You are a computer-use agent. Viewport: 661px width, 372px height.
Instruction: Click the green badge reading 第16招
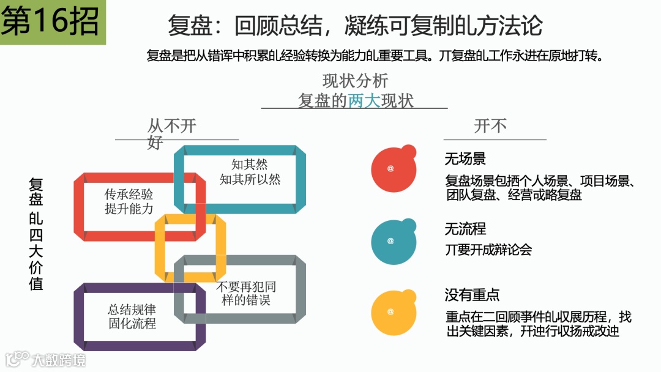click(x=53, y=23)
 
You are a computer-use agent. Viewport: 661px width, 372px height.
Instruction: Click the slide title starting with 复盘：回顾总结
click(x=355, y=26)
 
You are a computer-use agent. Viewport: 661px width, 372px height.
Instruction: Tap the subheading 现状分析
click(x=355, y=81)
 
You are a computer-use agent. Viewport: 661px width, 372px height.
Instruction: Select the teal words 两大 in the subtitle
click(x=364, y=100)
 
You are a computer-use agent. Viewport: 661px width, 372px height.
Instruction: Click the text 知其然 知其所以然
click(x=250, y=172)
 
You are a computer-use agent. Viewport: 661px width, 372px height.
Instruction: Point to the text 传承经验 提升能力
click(x=129, y=202)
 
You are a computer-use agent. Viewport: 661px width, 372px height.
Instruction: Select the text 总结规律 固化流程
click(x=132, y=316)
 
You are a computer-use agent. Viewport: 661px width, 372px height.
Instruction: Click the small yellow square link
click(x=190, y=246)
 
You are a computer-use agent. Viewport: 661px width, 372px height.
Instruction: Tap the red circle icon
click(x=392, y=167)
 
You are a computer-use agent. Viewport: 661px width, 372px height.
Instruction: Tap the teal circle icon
click(x=392, y=240)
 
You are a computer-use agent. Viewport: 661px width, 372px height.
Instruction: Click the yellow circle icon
click(x=392, y=311)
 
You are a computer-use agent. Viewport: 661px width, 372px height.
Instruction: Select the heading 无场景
click(x=465, y=159)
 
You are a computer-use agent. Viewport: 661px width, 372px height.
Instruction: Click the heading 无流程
click(x=465, y=229)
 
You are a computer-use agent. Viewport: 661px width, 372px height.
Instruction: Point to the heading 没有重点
click(x=472, y=295)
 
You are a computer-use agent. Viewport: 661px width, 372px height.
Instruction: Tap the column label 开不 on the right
click(x=490, y=126)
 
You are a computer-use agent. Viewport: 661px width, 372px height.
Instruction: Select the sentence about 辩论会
click(x=488, y=250)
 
